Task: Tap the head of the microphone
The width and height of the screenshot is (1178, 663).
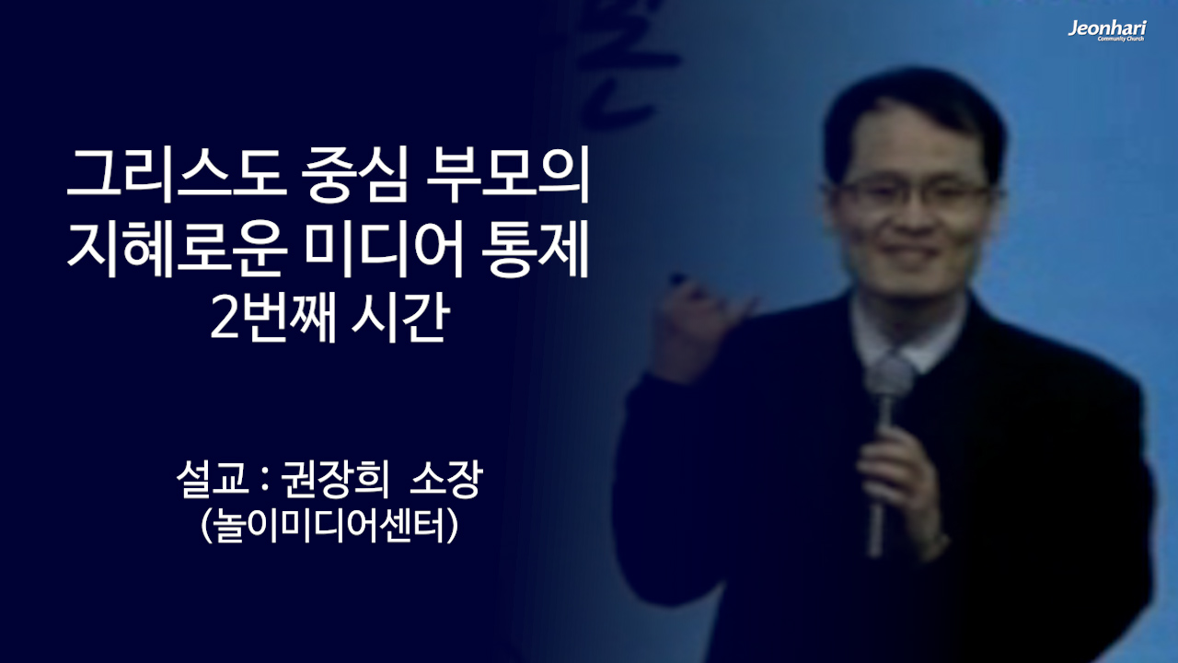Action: (x=891, y=378)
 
